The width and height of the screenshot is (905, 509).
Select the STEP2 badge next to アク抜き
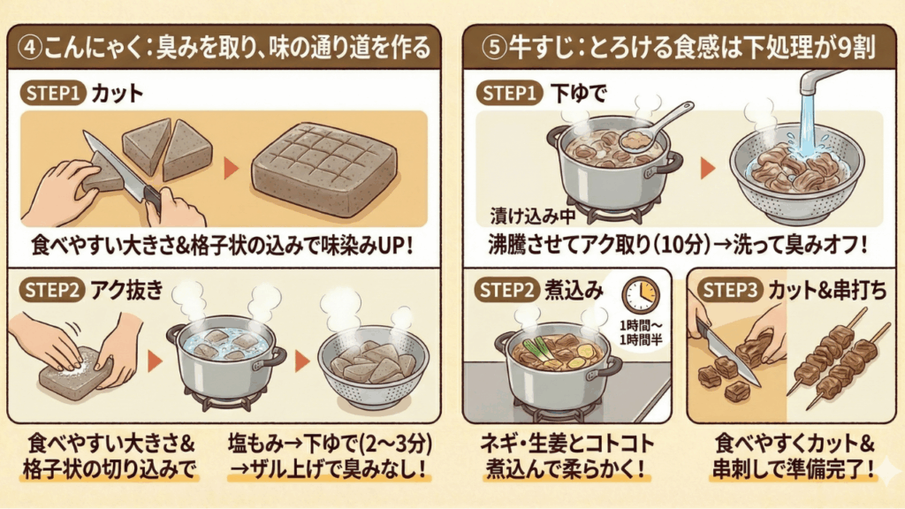pyautogui.click(x=52, y=289)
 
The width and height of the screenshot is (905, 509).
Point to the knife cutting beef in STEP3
pyautogui.click(x=726, y=353)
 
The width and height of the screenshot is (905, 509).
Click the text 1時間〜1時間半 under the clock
pyautogui.click(x=641, y=330)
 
